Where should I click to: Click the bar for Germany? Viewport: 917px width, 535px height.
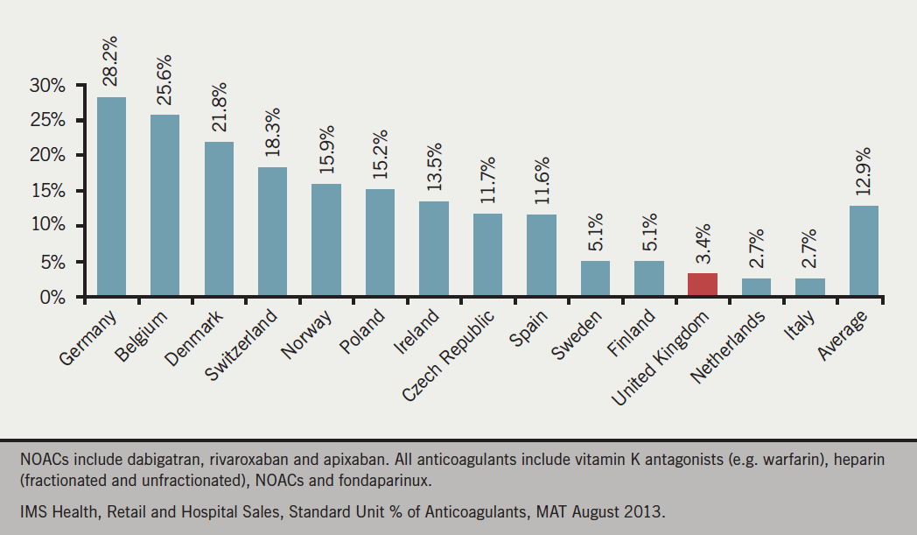point(111,196)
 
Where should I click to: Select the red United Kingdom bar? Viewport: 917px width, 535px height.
point(703,285)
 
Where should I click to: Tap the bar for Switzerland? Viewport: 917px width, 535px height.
point(272,231)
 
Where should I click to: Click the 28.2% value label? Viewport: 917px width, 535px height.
point(111,61)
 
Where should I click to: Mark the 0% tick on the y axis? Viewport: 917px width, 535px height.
point(53,297)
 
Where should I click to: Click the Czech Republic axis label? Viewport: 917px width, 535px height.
point(449,355)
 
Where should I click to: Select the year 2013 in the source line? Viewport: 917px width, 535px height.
point(647,509)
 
